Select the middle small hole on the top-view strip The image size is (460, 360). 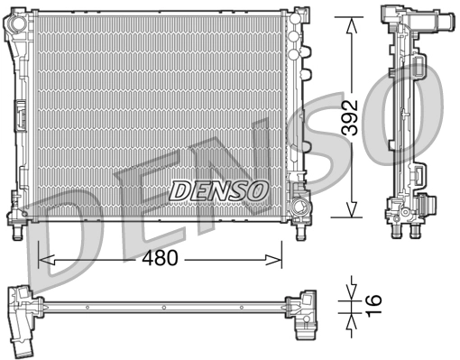tap(162, 307)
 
